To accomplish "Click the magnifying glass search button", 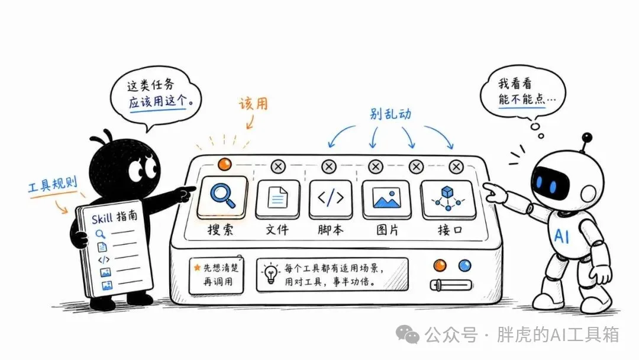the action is click(x=222, y=198).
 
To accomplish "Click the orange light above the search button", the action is click(x=225, y=164).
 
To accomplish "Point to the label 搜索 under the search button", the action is click(x=221, y=230).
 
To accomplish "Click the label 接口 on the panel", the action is click(x=450, y=230).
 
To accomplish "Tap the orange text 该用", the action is click(x=253, y=104).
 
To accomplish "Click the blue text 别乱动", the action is click(x=390, y=114).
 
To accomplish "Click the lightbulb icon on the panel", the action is click(x=270, y=274).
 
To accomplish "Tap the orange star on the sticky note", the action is click(x=197, y=268).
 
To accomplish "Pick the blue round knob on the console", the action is click(x=464, y=266).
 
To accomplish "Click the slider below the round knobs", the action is click(x=451, y=285).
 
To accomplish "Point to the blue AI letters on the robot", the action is click(x=562, y=236).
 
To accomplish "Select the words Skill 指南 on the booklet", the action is click(x=115, y=217).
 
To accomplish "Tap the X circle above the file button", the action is click(x=278, y=166).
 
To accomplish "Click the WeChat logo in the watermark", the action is click(x=408, y=335).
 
